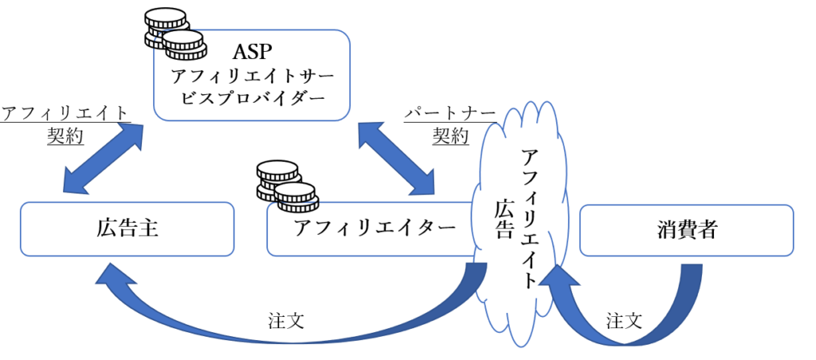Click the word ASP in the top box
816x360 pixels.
[x=253, y=53]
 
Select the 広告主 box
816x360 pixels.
[x=127, y=229]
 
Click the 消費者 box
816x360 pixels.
[x=688, y=230]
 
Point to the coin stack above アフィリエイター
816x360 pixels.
[x=285, y=185]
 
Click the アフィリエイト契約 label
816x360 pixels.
[x=65, y=123]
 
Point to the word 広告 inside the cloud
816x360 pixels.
[x=504, y=220]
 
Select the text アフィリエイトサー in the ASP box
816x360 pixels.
[x=253, y=78]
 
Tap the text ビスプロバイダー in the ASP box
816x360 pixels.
[x=253, y=102]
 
